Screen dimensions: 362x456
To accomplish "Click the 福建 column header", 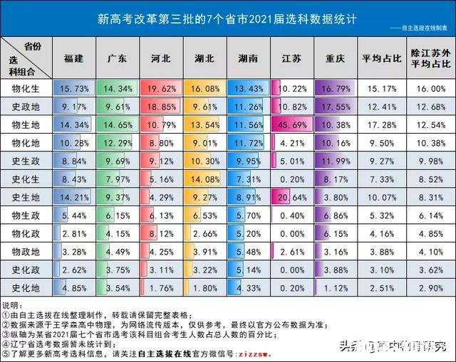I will point(73,59).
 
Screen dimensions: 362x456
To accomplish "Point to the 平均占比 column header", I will point(381,59).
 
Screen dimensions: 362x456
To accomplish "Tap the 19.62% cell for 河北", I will point(162,88).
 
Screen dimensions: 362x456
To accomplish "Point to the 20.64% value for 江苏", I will point(293,197).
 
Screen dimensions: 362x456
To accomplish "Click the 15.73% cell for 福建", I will point(75,88).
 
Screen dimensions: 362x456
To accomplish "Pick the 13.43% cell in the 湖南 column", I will point(249,88).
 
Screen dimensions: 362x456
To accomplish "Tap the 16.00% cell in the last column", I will point(430,88).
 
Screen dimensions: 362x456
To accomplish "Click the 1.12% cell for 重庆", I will point(338,287).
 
